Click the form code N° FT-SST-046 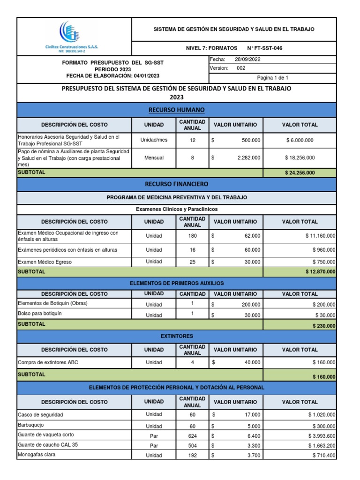[x=264, y=48]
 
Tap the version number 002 [x=241, y=68]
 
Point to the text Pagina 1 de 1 [x=272, y=78]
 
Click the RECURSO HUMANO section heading [x=176, y=110]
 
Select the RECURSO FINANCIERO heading [x=176, y=184]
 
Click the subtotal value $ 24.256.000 [x=300, y=173]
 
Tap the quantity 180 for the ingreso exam [x=192, y=236]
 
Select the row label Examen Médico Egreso [x=45, y=262]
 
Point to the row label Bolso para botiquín [x=40, y=314]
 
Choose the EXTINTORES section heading [x=176, y=337]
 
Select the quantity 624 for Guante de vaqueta [x=192, y=435]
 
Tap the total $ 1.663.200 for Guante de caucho [x=322, y=445]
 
